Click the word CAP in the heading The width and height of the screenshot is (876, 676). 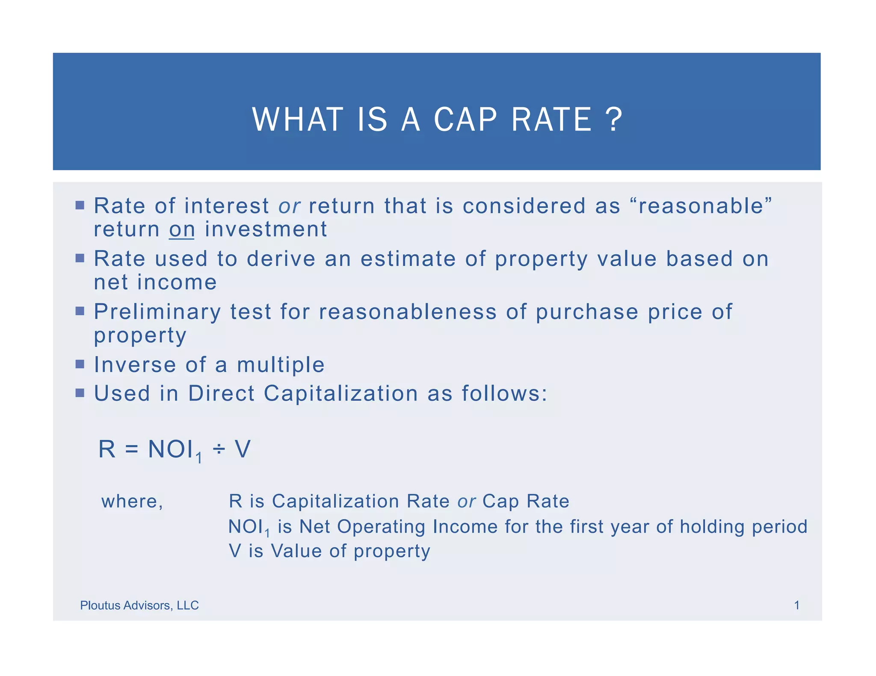click(x=465, y=120)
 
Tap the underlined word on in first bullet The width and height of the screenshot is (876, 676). click(x=182, y=229)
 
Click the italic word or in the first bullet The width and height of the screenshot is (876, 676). click(x=289, y=206)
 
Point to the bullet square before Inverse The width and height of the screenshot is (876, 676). click(x=80, y=364)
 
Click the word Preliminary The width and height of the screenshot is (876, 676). click(x=157, y=312)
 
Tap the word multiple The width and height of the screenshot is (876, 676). click(x=281, y=365)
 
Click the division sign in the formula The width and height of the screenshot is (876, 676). click(x=219, y=449)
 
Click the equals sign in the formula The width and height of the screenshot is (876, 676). click(x=132, y=450)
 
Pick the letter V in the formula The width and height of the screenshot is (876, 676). click(x=243, y=450)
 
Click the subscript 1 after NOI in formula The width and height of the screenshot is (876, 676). click(x=198, y=459)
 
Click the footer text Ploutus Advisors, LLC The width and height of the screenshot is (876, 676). click(x=139, y=605)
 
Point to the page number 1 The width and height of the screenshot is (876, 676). click(x=797, y=605)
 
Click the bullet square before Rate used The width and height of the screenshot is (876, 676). click(x=80, y=258)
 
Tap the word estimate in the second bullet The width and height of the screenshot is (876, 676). click(x=408, y=259)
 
